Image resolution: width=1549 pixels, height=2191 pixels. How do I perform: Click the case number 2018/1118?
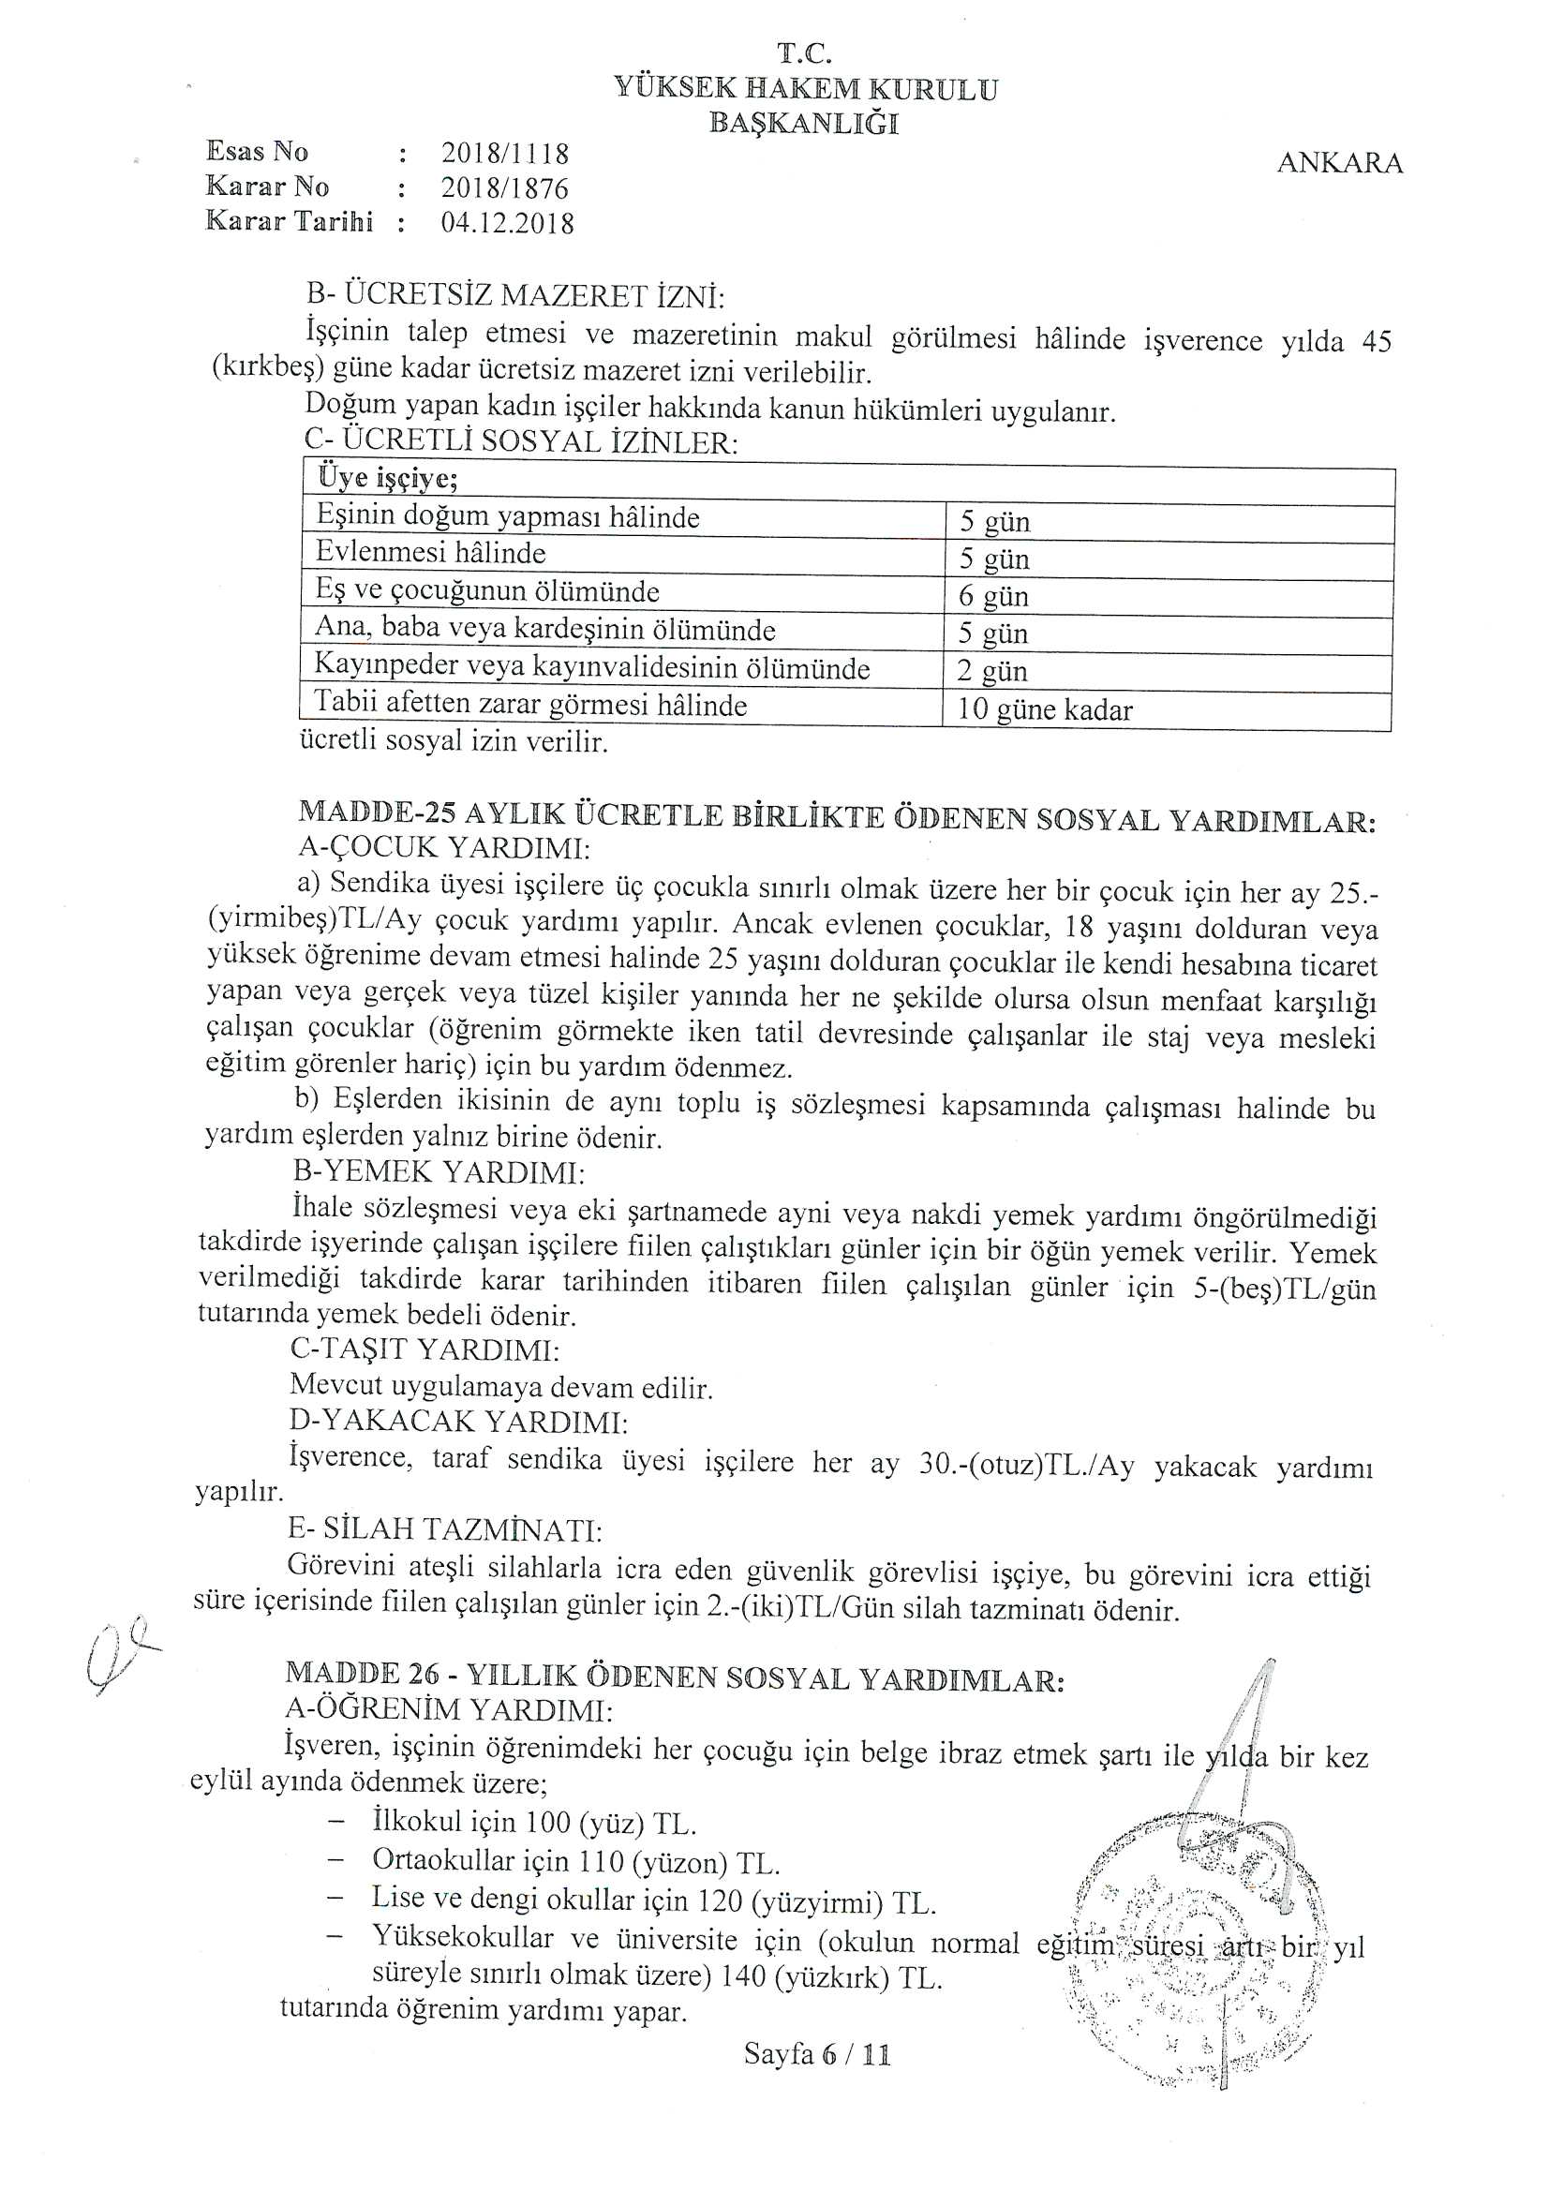tap(505, 154)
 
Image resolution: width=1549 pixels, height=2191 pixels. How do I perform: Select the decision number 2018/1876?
tap(505, 188)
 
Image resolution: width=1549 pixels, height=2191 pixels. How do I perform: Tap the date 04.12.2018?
tap(507, 223)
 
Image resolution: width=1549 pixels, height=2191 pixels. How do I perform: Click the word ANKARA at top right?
tap(1339, 164)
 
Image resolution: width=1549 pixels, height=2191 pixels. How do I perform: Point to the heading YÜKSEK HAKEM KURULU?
tap(806, 90)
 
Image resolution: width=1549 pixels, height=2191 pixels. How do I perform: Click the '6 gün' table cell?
tap(993, 597)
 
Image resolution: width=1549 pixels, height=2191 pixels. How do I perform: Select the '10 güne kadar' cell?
tap(1044, 711)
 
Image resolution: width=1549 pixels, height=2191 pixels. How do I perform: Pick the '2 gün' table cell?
tap(991, 672)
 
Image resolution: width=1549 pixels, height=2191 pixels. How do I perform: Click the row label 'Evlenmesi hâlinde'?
tap(430, 554)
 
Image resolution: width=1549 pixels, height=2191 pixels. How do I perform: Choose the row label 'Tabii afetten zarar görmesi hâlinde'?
tap(530, 707)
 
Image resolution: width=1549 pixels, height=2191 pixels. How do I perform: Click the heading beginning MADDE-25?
tap(837, 818)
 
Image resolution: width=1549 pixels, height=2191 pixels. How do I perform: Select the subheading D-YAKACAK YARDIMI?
tap(458, 1422)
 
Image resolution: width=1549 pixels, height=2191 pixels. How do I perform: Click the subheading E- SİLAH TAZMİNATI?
tap(445, 1529)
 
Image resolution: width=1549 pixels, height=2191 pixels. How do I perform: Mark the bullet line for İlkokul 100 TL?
tap(534, 1824)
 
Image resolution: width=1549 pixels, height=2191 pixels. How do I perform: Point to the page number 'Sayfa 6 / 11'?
tap(817, 2054)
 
